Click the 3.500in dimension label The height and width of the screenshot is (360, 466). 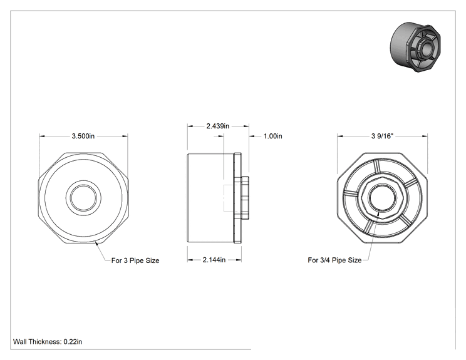[83, 136]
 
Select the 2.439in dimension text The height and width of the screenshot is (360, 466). [218, 126]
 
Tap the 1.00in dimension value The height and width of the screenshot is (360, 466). [273, 136]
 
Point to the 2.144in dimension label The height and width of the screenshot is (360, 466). [214, 260]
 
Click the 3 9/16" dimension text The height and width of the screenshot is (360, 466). [382, 136]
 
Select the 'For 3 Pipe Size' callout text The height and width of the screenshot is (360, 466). [135, 260]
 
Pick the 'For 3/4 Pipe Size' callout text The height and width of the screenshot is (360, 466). [334, 260]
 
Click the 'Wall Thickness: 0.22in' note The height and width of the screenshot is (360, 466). [48, 342]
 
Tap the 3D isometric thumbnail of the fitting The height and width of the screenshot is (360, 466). [415, 47]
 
